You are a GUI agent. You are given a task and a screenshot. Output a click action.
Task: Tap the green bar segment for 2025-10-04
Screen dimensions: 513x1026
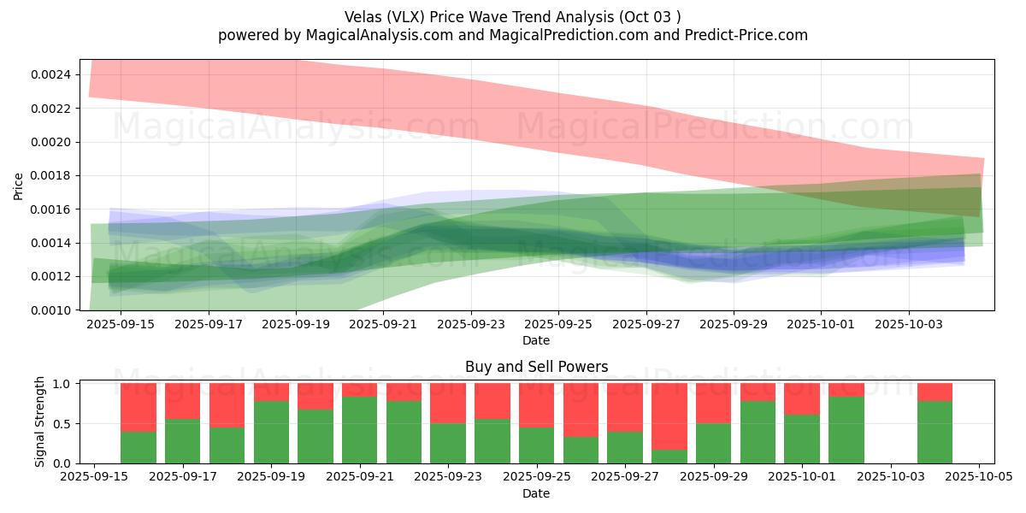coord(935,432)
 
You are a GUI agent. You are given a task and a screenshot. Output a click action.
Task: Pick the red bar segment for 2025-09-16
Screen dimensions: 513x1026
coord(139,407)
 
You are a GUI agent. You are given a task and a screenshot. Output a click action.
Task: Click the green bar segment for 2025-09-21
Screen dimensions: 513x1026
coord(359,430)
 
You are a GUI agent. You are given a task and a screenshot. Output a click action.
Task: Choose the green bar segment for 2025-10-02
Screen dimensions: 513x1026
coord(846,430)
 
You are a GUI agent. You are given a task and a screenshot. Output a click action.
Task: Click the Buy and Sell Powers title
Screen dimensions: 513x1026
coord(536,367)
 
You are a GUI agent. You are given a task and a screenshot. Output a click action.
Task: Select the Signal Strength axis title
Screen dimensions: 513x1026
coord(40,422)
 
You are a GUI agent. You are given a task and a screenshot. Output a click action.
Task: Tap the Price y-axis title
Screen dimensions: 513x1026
coord(19,186)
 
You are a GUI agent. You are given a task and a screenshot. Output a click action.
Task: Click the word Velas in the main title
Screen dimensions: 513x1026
coord(363,17)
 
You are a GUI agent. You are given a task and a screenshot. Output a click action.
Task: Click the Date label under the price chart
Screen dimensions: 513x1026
coord(536,340)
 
